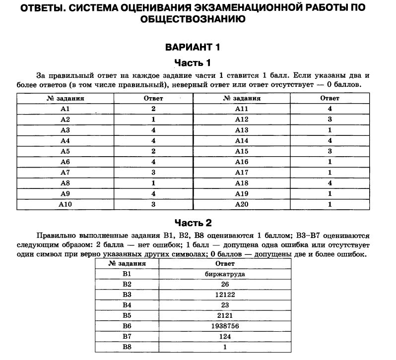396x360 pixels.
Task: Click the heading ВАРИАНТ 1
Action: click(x=192, y=48)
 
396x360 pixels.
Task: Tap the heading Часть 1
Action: click(x=192, y=62)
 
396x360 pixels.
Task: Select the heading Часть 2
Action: click(x=192, y=223)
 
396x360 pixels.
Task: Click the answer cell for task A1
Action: click(x=153, y=109)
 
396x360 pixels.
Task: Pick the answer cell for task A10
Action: click(x=153, y=204)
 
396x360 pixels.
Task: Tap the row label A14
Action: click(x=241, y=140)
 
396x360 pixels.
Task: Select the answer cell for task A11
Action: click(x=330, y=109)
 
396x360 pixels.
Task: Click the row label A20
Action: click(x=241, y=204)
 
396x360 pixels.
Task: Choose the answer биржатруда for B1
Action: click(x=225, y=274)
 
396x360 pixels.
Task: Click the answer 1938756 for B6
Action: click(x=225, y=327)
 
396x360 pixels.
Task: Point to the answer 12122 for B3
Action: click(x=225, y=295)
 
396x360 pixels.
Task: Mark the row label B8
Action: click(x=127, y=348)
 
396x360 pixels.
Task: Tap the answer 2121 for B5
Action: click(x=225, y=316)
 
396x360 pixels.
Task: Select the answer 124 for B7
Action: click(x=225, y=337)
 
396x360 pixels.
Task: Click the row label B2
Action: click(x=127, y=285)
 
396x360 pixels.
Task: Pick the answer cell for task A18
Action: click(x=330, y=183)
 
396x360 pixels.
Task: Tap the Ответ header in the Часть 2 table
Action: click(x=225, y=264)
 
